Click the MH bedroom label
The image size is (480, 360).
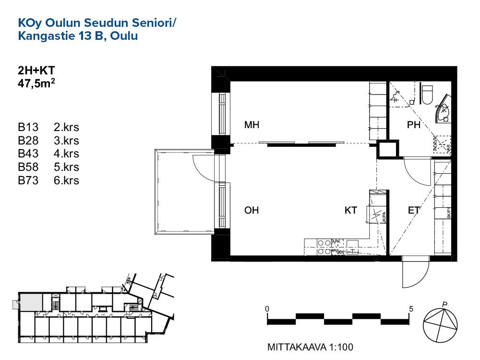coord(252,126)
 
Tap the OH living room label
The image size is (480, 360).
coord(252,210)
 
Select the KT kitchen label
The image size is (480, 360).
coord(350,210)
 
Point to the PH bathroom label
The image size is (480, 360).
coord(413,126)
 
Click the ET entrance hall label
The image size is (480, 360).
coord(414,210)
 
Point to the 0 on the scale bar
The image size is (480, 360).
coord(267,308)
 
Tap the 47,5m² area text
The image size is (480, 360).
coord(37,84)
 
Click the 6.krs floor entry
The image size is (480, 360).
coord(67,181)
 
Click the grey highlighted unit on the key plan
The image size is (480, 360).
coord(31,302)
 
